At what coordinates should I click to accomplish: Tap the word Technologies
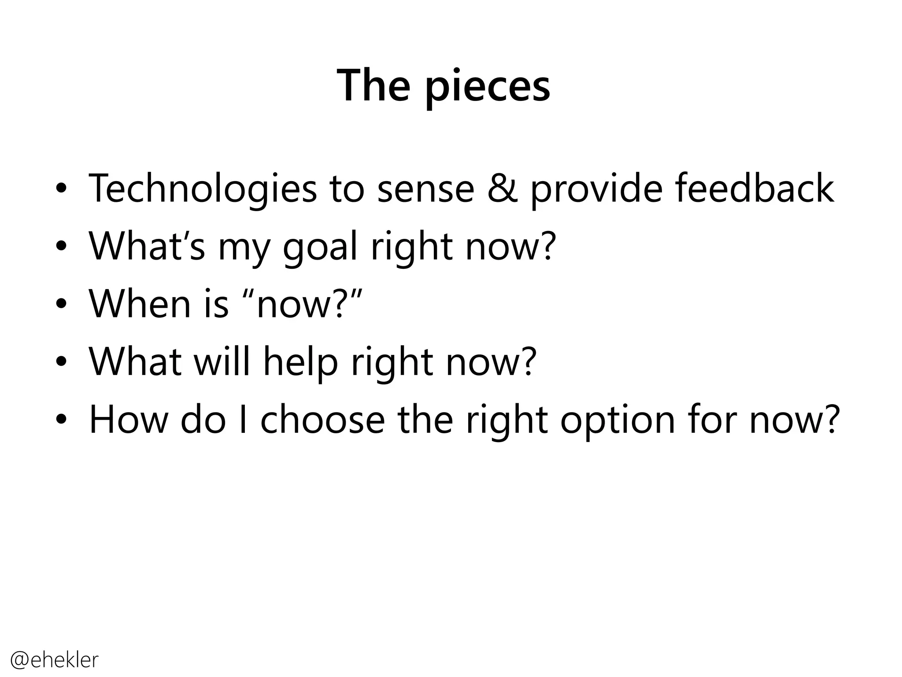(203, 190)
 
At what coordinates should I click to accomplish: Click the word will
(222, 361)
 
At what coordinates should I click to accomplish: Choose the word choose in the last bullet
(323, 420)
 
